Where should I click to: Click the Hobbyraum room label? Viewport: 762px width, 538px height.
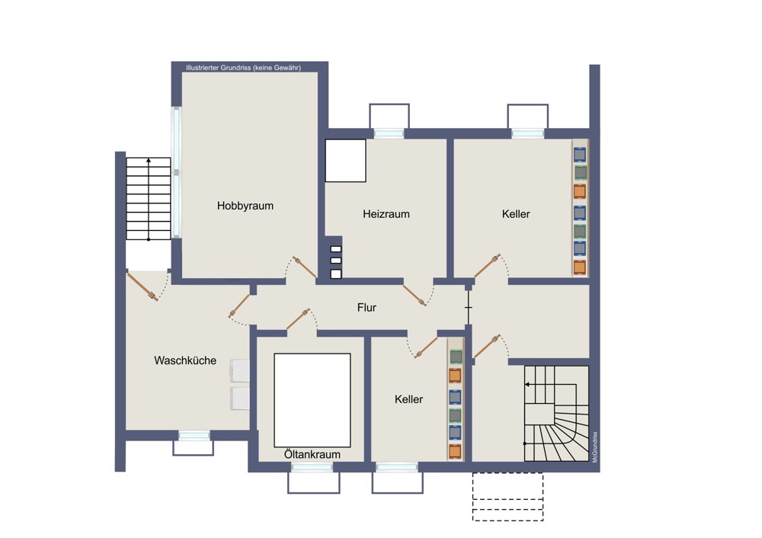coord(245,206)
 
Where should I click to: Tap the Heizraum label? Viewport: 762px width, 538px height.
coord(386,214)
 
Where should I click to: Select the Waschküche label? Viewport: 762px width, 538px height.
coord(185,360)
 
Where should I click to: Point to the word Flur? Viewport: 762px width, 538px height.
coord(367,308)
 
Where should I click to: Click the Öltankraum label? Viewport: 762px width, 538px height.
coord(312,454)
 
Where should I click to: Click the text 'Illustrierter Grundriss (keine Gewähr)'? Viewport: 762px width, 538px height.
coord(243,68)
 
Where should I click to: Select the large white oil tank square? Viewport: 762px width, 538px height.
coord(312,400)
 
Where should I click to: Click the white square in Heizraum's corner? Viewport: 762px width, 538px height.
coord(345,161)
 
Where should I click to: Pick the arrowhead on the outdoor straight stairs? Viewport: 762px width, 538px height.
coord(149,160)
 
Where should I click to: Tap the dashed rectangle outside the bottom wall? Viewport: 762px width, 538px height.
coord(507,497)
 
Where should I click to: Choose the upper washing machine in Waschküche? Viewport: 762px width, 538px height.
coord(239,371)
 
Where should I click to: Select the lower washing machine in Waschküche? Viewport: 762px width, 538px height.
coord(239,399)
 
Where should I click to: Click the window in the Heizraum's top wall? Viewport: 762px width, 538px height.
coord(389,133)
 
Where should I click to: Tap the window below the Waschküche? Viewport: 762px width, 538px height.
coord(194,435)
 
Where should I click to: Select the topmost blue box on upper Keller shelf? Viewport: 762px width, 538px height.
coord(580,155)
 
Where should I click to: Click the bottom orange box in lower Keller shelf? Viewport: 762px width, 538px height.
coord(455,451)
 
